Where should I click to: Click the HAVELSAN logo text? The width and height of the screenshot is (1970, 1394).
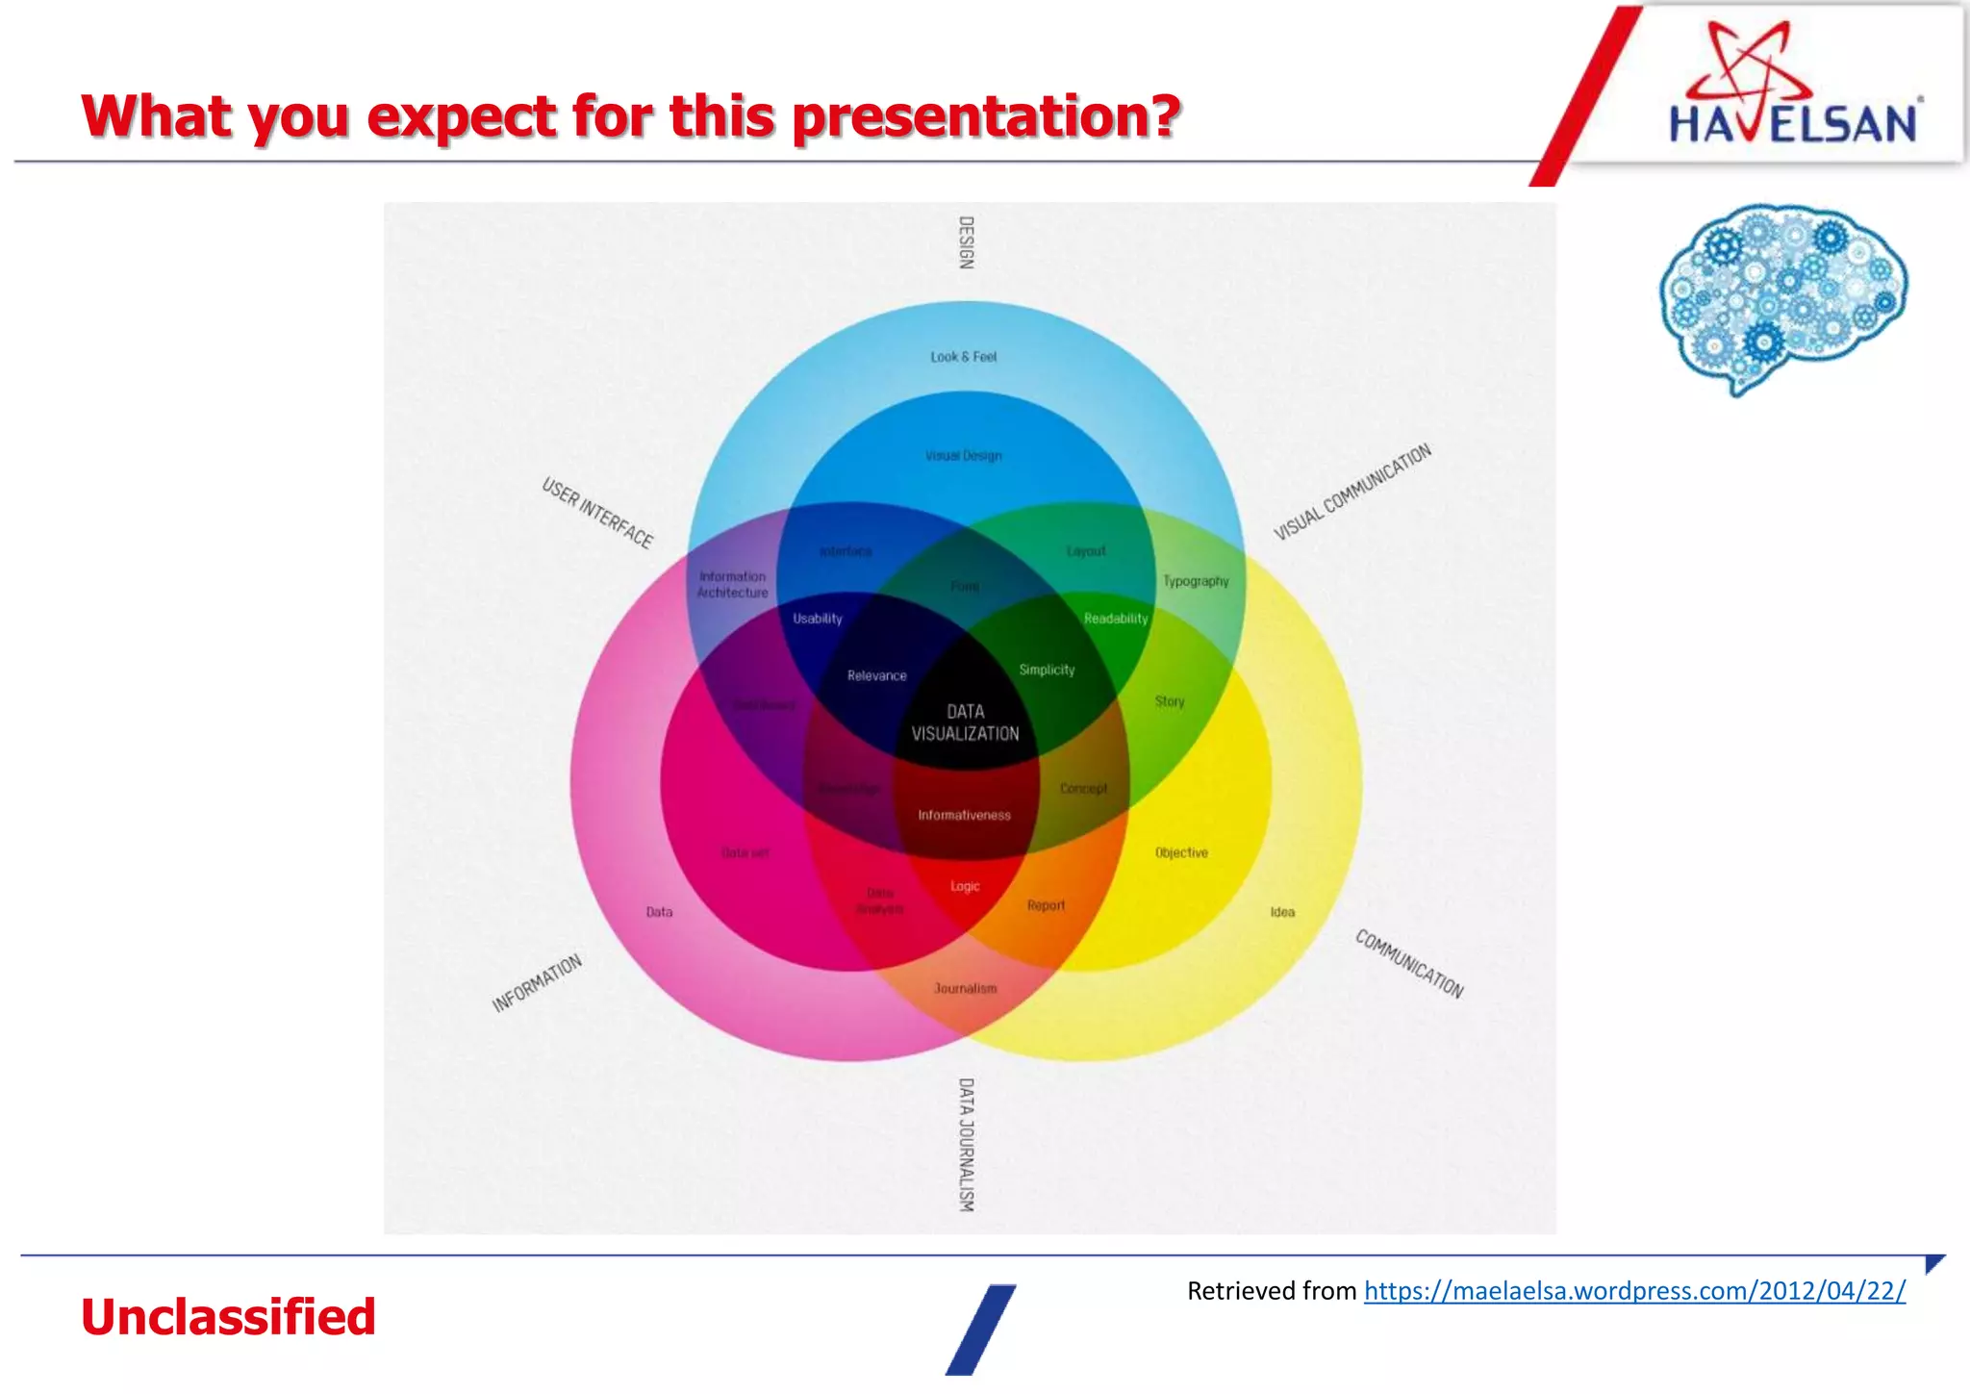point(1793,124)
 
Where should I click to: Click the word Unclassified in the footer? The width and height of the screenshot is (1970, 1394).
point(228,1317)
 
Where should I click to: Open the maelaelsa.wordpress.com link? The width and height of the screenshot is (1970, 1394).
point(1634,1290)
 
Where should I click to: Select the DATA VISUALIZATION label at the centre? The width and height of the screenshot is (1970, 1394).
point(965,722)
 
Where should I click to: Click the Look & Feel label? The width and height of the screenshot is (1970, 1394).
point(963,357)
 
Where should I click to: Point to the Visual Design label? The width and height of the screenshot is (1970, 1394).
point(963,456)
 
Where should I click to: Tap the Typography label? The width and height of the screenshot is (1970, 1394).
point(1196,581)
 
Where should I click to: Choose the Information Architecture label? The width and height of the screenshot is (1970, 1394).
point(732,585)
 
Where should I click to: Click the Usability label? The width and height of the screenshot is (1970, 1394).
point(817,619)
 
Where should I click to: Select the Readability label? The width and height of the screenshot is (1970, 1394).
point(1116,619)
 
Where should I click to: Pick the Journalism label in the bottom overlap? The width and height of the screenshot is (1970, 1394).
point(965,988)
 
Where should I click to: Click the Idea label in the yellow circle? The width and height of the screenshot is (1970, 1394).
point(1282,912)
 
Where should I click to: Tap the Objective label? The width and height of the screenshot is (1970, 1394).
point(1181,852)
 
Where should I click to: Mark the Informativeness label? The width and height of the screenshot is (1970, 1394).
point(964,815)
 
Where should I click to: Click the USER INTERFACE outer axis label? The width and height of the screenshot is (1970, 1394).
point(597,513)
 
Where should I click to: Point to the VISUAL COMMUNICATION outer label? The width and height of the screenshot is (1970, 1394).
point(1351,493)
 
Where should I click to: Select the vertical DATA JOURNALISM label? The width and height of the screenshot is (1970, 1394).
point(966,1144)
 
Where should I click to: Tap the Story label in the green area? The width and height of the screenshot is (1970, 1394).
point(1170,701)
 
